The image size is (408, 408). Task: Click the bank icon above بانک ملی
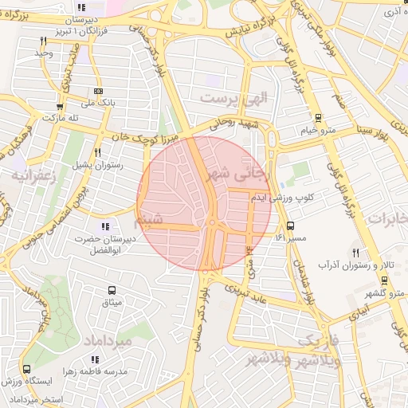pos(98,91)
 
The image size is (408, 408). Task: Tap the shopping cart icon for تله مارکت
pos(60,106)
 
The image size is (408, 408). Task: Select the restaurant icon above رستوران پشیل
pos(97,152)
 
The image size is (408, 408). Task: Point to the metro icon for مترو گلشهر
pos(384,280)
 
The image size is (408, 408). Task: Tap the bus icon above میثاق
pos(112,290)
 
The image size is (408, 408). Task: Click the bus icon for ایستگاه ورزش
pos(27,369)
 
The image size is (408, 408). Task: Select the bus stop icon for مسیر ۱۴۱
pos(290,226)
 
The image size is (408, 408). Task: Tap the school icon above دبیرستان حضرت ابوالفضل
pos(106,227)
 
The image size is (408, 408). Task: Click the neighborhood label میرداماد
pos(105,341)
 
